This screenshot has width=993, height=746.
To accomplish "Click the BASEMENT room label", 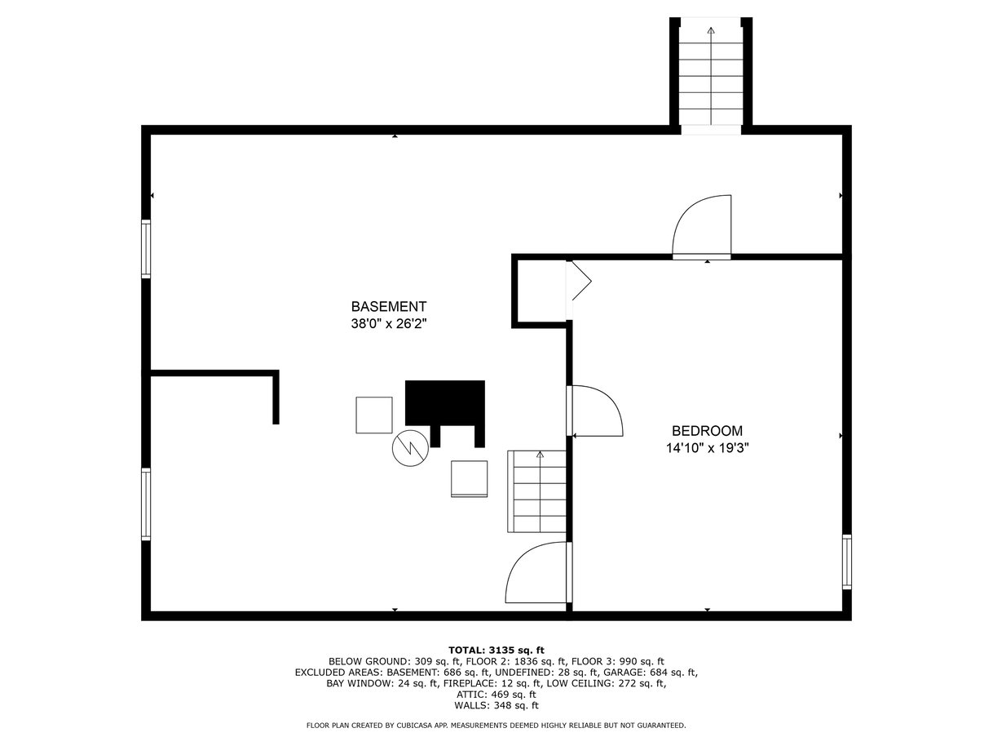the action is click(389, 307).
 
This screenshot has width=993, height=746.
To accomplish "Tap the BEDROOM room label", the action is click(707, 430).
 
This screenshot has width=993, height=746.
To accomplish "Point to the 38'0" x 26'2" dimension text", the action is click(389, 324).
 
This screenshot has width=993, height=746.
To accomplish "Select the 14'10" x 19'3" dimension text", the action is click(707, 448).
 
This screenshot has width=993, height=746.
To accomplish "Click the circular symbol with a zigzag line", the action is click(410, 448).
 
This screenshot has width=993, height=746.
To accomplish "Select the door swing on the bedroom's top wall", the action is click(702, 227).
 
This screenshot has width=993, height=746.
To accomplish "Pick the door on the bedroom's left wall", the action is click(594, 411).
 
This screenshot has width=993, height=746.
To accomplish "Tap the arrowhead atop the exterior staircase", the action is click(711, 31).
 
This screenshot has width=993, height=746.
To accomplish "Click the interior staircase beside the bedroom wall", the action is click(537, 491).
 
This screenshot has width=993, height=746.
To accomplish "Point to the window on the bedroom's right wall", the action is click(847, 562).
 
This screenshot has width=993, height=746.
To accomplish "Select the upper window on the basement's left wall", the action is click(146, 249).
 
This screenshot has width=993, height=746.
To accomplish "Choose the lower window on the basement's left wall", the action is click(146, 504).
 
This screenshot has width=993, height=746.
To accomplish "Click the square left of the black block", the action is click(374, 415).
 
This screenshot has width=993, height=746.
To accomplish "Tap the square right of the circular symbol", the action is click(469, 479).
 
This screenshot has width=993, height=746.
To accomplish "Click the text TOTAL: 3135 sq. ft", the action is click(496, 651).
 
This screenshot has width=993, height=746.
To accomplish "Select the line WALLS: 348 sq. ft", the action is click(496, 705).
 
